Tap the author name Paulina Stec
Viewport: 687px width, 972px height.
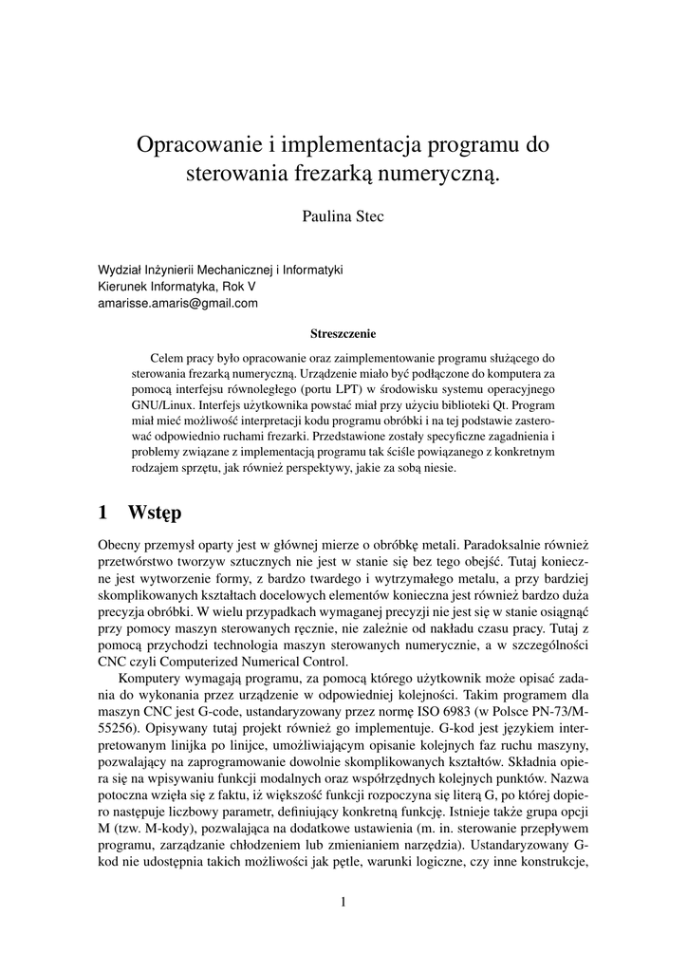click(343, 217)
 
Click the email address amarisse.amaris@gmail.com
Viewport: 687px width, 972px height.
click(178, 304)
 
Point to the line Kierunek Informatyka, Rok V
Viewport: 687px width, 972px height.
click(176, 287)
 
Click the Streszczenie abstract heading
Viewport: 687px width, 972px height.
click(343, 334)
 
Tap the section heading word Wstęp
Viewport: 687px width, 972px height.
click(155, 513)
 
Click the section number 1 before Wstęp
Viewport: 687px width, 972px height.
click(103, 513)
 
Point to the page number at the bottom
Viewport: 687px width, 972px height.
click(343, 903)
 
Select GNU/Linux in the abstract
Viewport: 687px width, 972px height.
click(162, 404)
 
